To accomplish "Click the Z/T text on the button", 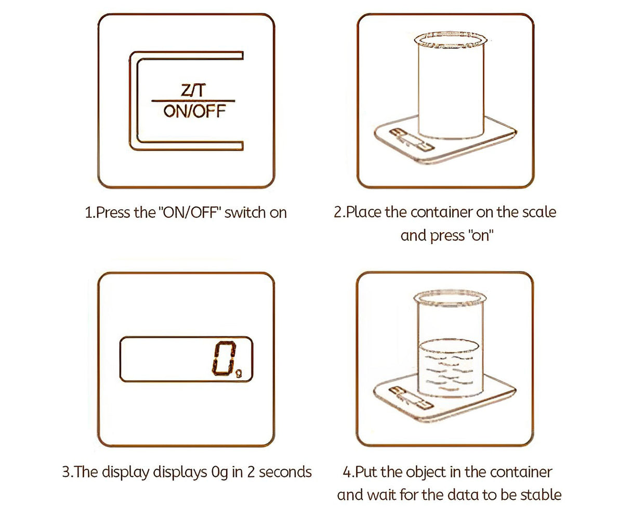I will pyautogui.click(x=193, y=90).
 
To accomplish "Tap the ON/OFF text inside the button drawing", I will pyautogui.click(x=194, y=111).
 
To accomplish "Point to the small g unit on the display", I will pyautogui.click(x=238, y=372).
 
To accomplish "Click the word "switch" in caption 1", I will pyautogui.click(x=245, y=213).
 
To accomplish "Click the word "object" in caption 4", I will pyautogui.click(x=426, y=472).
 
